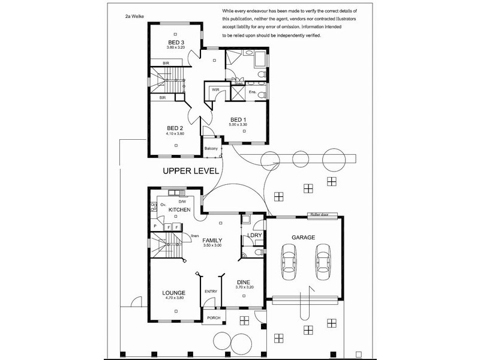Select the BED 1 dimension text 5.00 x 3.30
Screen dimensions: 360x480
tap(238, 125)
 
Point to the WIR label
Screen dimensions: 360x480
tap(215, 90)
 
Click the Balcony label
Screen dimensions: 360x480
tap(211, 148)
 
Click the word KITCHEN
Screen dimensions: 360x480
tap(179, 210)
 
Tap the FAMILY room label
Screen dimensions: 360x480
tap(213, 239)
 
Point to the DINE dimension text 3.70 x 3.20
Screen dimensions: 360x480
tap(245, 288)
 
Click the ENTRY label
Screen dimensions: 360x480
tap(211, 292)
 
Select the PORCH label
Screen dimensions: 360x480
tap(213, 317)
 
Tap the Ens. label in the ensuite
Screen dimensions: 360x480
tap(253, 91)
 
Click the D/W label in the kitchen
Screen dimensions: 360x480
tap(191, 201)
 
